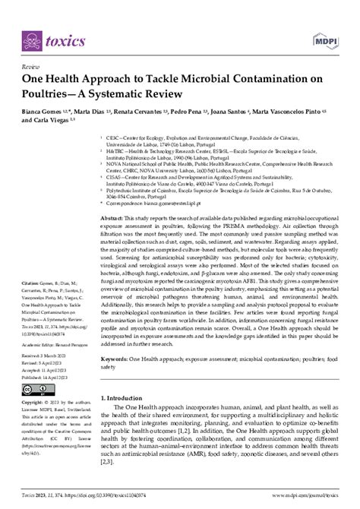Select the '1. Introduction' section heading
tap(136, 417)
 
